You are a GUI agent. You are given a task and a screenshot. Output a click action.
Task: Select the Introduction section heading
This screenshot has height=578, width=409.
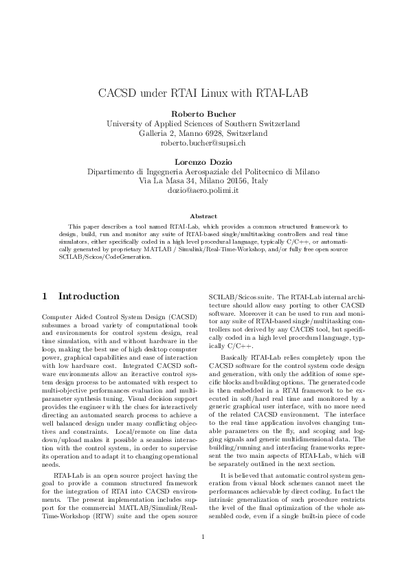(x=89, y=297)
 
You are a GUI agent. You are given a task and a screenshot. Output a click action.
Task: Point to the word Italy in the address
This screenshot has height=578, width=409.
(x=259, y=181)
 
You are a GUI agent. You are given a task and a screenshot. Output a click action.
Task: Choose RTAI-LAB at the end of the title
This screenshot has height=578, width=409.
(x=283, y=93)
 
